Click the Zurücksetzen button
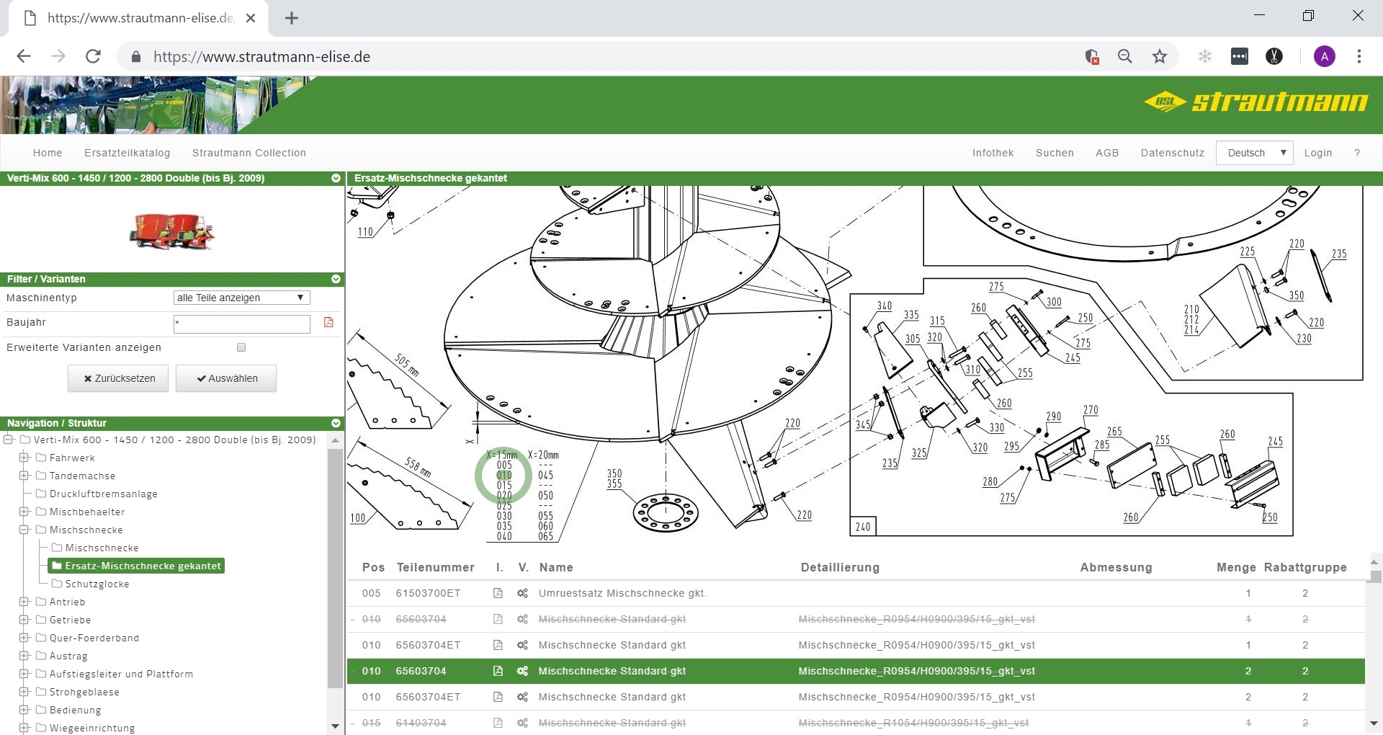(x=118, y=378)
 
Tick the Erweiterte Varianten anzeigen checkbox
(x=241, y=347)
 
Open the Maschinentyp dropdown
(x=241, y=298)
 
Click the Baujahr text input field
(x=241, y=324)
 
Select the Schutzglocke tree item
(x=97, y=584)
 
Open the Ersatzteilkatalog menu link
(x=127, y=153)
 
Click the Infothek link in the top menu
(x=993, y=153)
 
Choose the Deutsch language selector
(x=1255, y=153)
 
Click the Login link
(x=1318, y=153)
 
